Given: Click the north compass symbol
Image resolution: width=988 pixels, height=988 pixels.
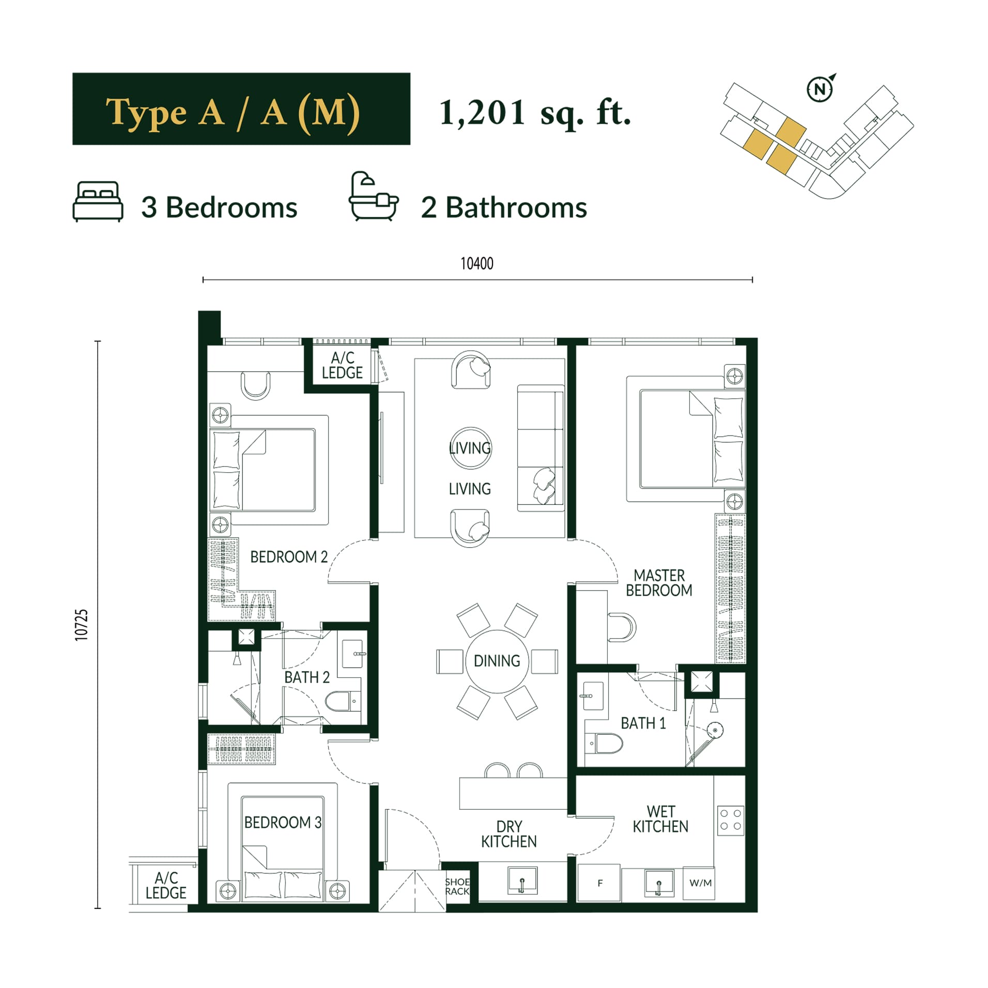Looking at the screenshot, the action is [x=820, y=88].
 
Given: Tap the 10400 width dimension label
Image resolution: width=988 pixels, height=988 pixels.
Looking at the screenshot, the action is [x=476, y=264].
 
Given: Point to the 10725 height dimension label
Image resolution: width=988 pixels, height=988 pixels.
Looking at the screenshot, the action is [x=82, y=625].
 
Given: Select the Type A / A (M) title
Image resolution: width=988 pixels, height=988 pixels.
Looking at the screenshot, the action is [x=233, y=112].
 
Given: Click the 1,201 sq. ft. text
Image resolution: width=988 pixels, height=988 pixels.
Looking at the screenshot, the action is [x=535, y=113].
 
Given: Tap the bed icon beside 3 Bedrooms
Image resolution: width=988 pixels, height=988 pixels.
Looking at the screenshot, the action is [x=98, y=202].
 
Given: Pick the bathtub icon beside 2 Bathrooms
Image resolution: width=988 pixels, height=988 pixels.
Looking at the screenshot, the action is [x=374, y=196].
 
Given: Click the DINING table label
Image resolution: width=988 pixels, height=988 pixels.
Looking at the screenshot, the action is [x=497, y=660].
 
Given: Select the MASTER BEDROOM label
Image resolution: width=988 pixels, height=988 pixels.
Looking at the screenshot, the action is [x=659, y=582].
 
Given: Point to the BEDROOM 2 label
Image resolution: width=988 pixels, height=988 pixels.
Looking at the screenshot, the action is [x=289, y=557].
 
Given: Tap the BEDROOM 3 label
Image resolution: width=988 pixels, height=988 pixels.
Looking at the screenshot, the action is [x=283, y=822].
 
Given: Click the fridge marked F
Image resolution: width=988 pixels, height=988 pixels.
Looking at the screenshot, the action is [x=599, y=883].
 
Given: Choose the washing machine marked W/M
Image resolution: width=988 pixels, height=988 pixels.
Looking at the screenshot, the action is [x=700, y=883].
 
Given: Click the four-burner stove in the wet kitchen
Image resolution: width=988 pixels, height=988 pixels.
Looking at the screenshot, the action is [x=731, y=820].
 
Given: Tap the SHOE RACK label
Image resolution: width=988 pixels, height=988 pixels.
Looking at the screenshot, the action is [x=457, y=886].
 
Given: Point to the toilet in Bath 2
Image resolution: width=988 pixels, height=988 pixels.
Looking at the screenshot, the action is [x=343, y=701].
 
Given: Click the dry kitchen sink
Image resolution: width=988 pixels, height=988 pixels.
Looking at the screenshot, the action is [x=522, y=880].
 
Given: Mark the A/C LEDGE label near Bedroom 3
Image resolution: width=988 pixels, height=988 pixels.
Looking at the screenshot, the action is [x=166, y=885].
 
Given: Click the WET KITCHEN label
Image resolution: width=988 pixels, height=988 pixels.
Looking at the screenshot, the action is [x=660, y=819].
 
